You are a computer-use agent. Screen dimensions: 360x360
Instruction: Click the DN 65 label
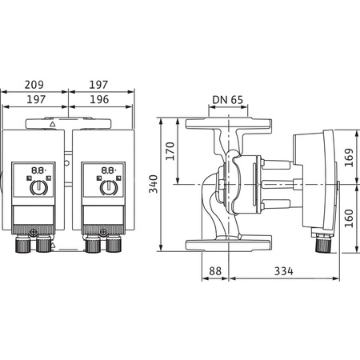pos(228,100)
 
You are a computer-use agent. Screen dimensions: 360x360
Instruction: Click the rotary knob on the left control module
pos(38,188)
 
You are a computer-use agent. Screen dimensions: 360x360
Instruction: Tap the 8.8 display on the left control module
pos(38,170)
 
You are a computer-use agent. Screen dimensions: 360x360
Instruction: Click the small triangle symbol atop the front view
pos(52,125)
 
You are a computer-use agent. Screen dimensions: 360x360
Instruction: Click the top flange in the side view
pos(229,126)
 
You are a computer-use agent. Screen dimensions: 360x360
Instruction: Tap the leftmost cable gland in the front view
pos(19,245)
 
